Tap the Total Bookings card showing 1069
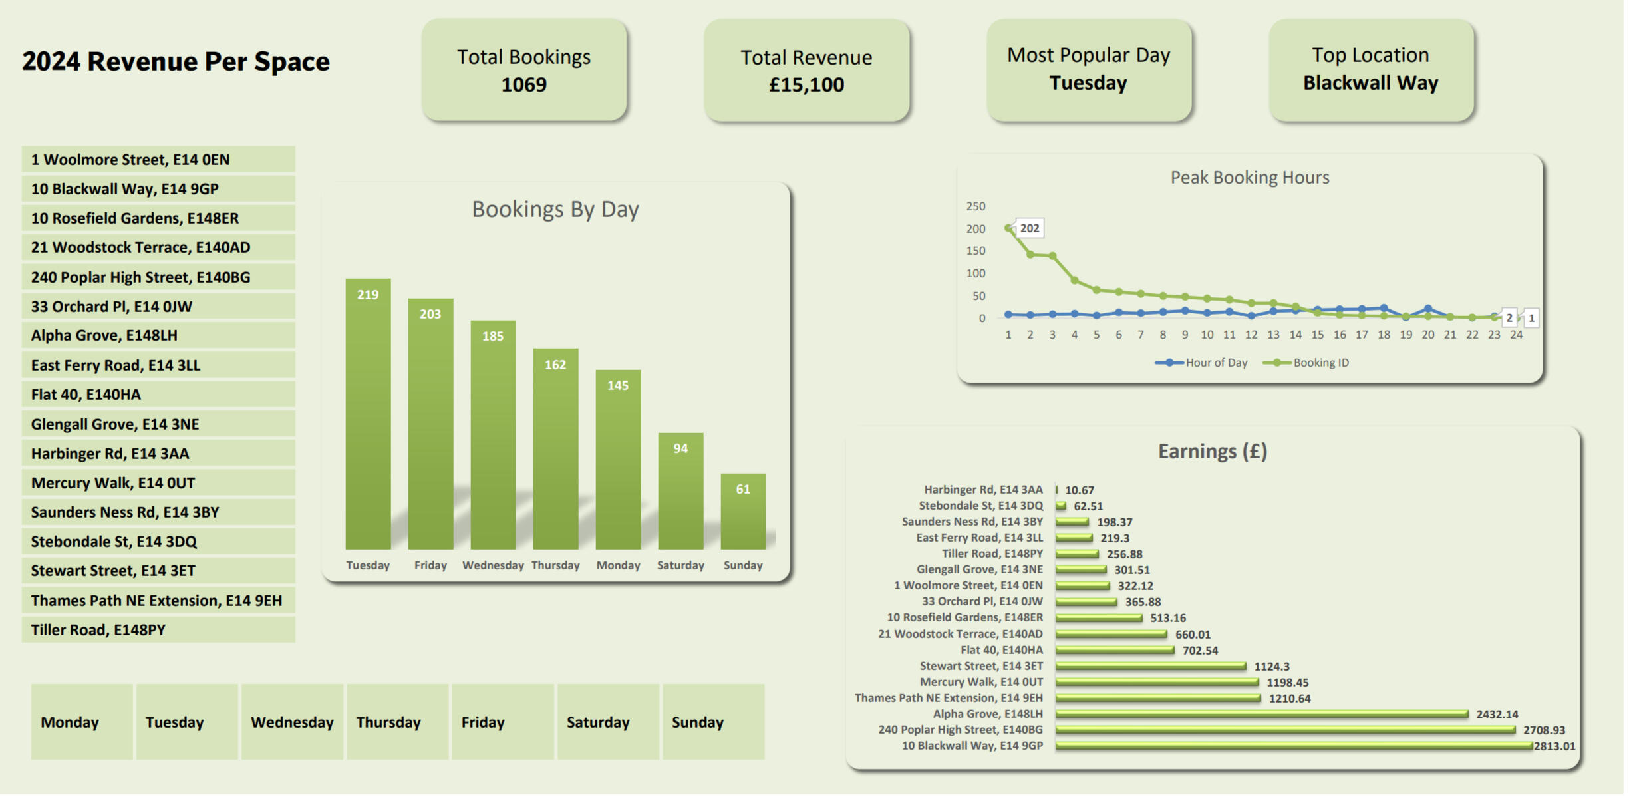point(524,70)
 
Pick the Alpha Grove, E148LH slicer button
point(158,335)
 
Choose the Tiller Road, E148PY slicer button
point(158,629)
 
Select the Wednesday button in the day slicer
point(292,722)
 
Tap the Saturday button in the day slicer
point(608,722)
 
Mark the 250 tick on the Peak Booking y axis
point(976,206)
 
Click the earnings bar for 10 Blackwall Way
point(1294,746)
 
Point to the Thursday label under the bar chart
point(555,565)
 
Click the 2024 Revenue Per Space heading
point(176,61)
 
